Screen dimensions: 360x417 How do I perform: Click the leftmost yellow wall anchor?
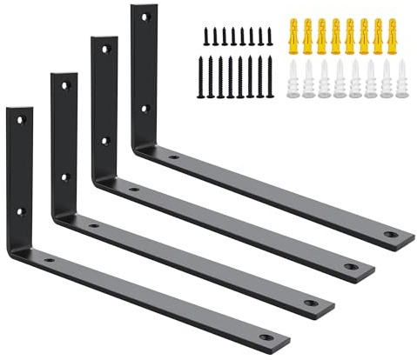click(293, 34)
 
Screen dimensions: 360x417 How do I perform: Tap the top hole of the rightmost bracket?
click(146, 17)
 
